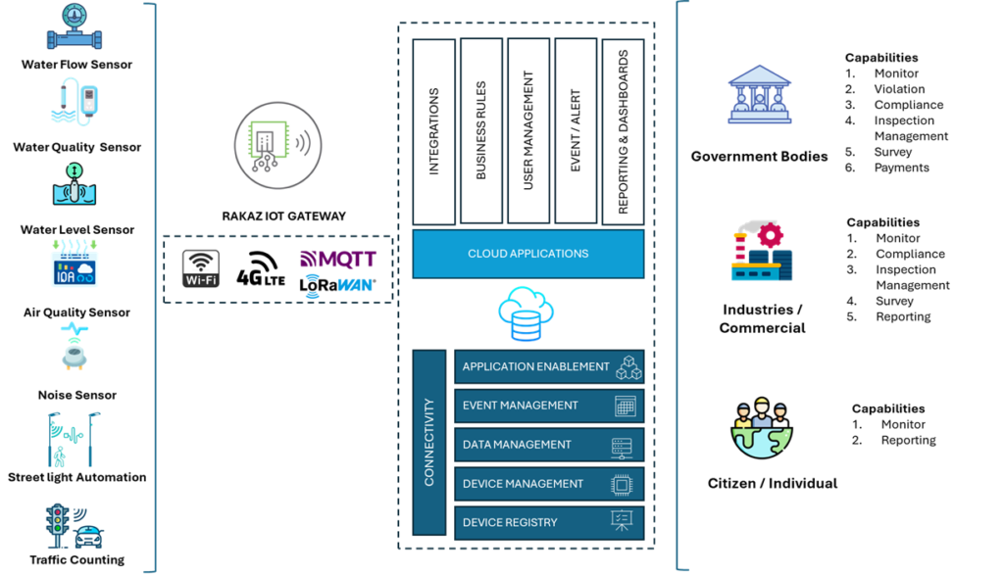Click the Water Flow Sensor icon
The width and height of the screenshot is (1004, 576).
pyautogui.click(x=75, y=26)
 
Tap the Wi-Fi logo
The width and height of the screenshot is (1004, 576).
pyautogui.click(x=201, y=268)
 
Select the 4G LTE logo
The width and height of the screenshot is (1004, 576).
pyautogui.click(x=261, y=268)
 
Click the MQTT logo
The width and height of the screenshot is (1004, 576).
pyautogui.click(x=338, y=260)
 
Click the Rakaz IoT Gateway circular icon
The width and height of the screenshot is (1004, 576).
pyautogui.click(x=277, y=146)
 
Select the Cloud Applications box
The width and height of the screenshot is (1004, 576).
pyautogui.click(x=528, y=254)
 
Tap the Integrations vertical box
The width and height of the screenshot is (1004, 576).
pyautogui.click(x=434, y=132)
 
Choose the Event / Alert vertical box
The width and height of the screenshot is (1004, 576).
pyautogui.click(x=576, y=131)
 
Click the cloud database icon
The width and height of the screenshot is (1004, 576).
pyautogui.click(x=526, y=313)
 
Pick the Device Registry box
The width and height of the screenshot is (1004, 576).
pyautogui.click(x=549, y=523)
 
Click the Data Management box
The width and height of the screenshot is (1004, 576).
pyautogui.click(x=549, y=445)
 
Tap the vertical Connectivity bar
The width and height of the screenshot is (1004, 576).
pyautogui.click(x=429, y=442)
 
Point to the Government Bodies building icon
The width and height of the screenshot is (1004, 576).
pyautogui.click(x=760, y=94)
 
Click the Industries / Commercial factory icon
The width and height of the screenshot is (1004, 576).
pyautogui.click(x=762, y=252)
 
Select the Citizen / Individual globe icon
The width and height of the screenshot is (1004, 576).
pyautogui.click(x=761, y=428)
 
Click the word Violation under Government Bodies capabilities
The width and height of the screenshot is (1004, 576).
pyautogui.click(x=900, y=89)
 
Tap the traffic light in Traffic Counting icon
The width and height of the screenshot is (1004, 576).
pyautogui.click(x=58, y=525)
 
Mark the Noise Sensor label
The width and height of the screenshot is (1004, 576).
pyautogui.click(x=77, y=395)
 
